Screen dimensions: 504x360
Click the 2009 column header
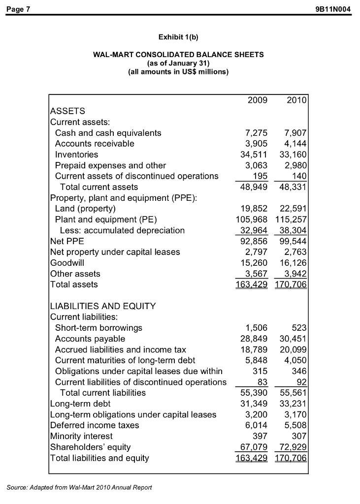tap(258, 100)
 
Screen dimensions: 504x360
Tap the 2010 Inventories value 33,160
tap(293, 155)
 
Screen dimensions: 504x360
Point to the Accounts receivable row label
tap(95, 144)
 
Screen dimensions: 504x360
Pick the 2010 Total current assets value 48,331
tap(293, 187)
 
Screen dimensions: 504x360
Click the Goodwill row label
tap(67, 263)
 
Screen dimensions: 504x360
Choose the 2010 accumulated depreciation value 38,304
tap(293, 230)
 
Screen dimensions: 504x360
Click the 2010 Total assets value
tap(291, 284)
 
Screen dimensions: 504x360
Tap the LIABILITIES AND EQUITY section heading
tap(103, 306)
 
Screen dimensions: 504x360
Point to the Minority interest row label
tap(81, 436)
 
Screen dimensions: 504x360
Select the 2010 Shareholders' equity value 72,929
tap(293, 447)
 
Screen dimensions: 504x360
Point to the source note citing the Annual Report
tap(80, 487)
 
